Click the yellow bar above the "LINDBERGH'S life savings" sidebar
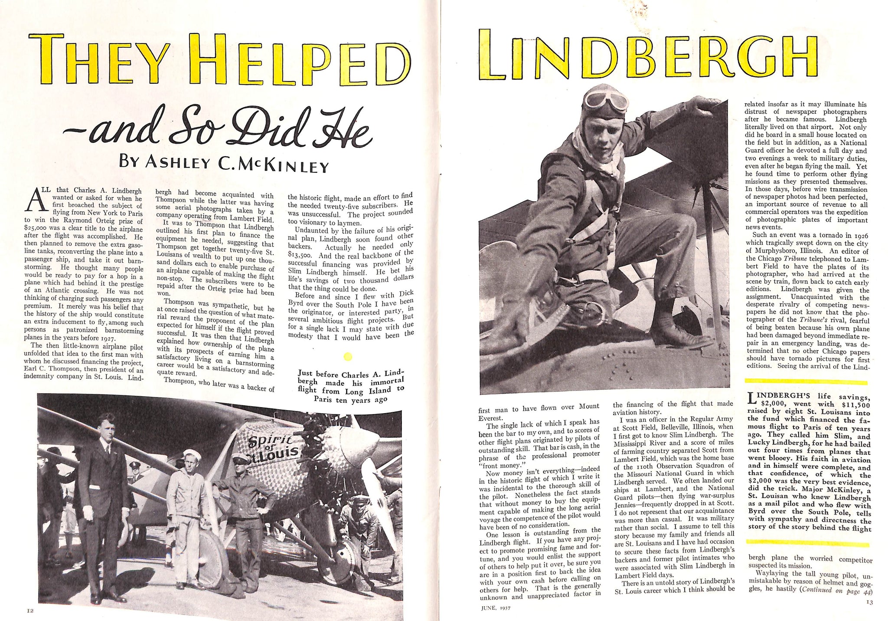[x=806, y=382]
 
